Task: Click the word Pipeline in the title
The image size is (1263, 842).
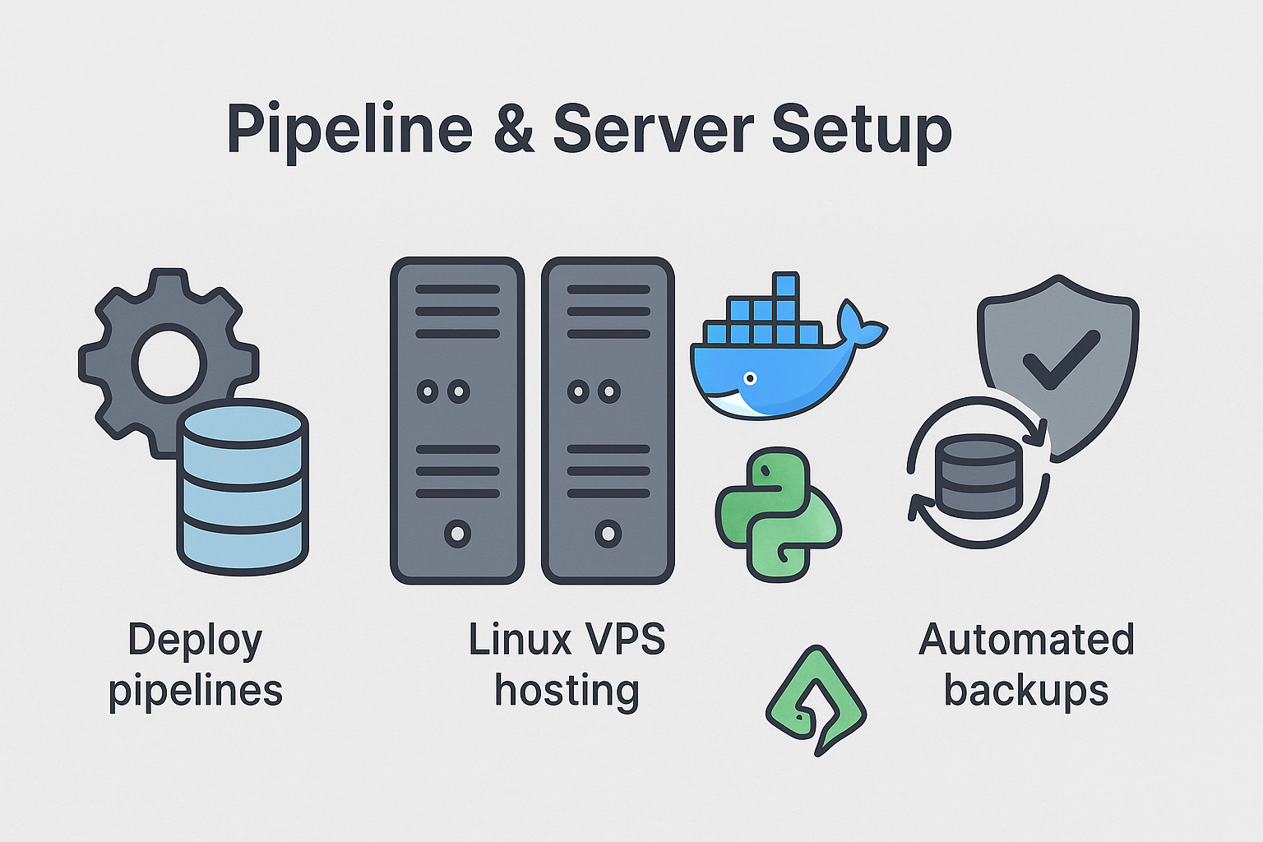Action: point(349,130)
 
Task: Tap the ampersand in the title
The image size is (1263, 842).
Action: point(515,130)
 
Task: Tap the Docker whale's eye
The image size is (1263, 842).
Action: point(749,378)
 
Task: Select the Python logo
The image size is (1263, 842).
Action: point(778,515)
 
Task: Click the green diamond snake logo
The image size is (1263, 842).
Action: point(815,699)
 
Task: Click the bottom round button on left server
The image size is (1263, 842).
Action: point(457,534)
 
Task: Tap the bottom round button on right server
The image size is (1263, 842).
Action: point(608,534)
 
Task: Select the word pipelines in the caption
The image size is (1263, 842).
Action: point(196,691)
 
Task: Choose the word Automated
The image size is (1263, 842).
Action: point(1026,640)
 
